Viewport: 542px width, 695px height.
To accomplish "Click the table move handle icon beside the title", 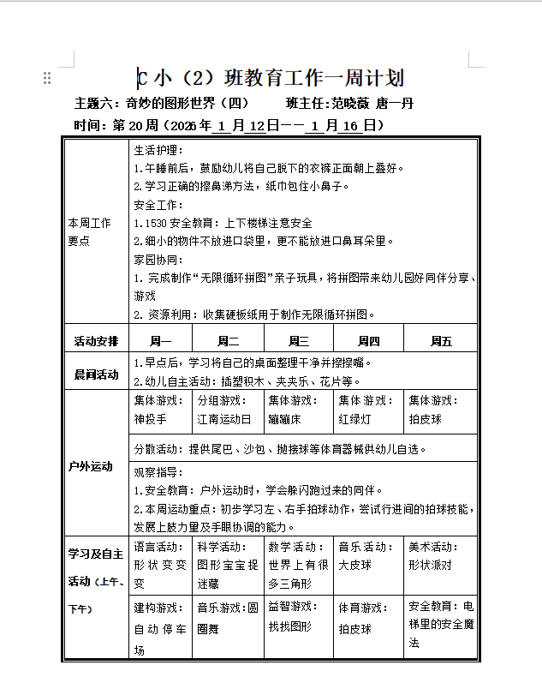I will tap(47, 78).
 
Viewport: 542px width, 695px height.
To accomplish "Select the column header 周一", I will tap(161, 340).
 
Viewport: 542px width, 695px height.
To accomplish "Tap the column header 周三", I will tap(299, 340).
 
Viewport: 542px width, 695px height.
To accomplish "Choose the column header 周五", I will tap(441, 340).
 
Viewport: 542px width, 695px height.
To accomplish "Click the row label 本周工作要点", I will tap(90, 232).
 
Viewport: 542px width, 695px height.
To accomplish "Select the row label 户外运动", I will tap(91, 466).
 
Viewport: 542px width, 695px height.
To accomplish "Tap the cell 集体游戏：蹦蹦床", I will tap(297, 410).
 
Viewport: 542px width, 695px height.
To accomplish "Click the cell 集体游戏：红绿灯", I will tap(367, 410).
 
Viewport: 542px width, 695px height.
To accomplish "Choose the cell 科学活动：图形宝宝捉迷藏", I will tap(227, 565).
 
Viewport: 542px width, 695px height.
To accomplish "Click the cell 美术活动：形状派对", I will tap(439, 556).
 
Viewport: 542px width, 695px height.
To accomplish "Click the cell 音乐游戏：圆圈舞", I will tap(227, 618).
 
